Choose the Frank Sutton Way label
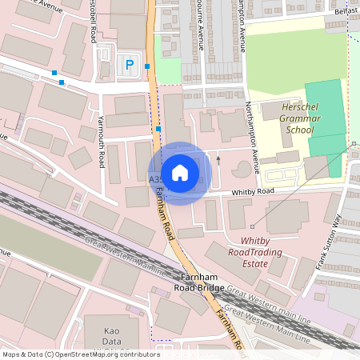click(329, 242)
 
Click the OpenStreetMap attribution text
click(81, 354)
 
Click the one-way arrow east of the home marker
click(218, 160)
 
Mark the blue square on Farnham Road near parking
click(148, 66)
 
